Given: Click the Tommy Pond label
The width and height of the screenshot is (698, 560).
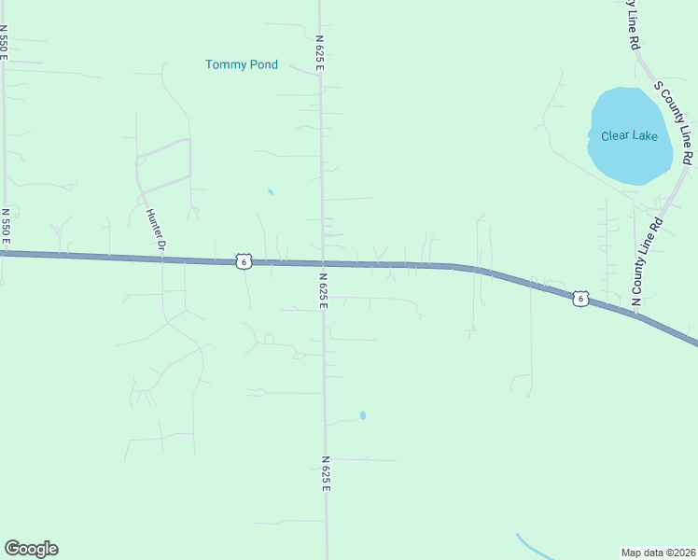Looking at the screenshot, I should tap(241, 64).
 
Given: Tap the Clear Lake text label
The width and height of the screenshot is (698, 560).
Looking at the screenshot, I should tap(629, 136).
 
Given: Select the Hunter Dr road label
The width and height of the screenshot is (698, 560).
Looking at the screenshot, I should tap(155, 229).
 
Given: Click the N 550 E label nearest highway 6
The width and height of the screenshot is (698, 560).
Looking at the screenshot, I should tap(6, 227).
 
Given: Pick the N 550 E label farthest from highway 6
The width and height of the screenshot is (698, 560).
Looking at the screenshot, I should tap(5, 42).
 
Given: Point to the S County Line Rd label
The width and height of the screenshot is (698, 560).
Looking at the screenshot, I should tap(675, 122).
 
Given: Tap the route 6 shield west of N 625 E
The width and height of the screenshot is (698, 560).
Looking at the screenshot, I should tap(243, 262).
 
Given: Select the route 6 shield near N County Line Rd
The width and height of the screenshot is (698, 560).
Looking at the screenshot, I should tap(580, 299).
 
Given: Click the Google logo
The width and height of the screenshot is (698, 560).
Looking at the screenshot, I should tap(31, 549).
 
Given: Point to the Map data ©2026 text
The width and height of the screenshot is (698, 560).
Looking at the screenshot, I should tap(658, 553).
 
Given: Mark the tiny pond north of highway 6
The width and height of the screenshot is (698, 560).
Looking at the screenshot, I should tap(271, 191).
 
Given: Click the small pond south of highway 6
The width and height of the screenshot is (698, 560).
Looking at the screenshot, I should tap(362, 415).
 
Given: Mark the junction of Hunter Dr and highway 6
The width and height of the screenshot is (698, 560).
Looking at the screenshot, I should tap(162, 259).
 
